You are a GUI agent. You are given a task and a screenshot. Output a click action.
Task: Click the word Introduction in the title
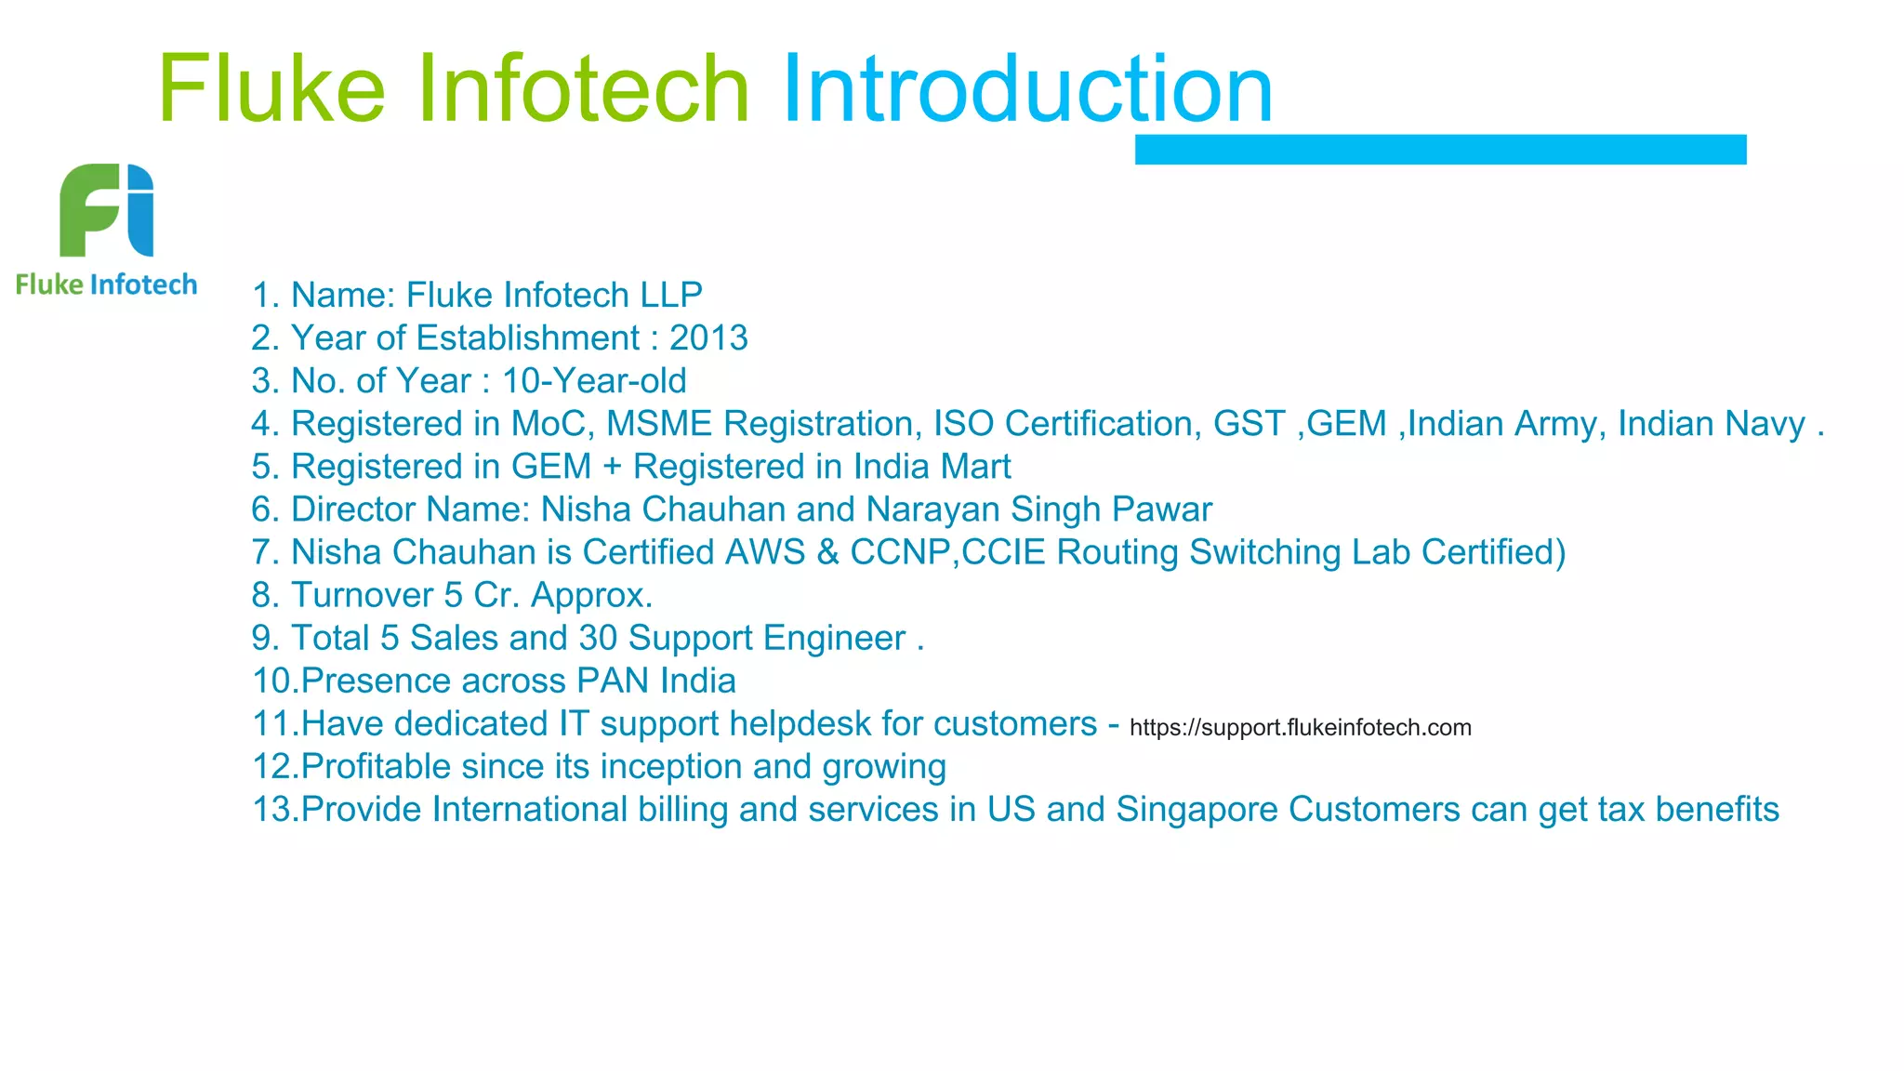click(1027, 89)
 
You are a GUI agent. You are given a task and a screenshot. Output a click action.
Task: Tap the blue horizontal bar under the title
click(1440, 150)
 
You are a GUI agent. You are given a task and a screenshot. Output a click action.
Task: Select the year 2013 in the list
click(708, 338)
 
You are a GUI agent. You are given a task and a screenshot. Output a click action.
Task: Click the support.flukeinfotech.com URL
click(1300, 727)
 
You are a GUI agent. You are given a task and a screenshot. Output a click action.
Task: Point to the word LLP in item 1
click(670, 296)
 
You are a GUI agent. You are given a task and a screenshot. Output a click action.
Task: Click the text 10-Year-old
click(594, 381)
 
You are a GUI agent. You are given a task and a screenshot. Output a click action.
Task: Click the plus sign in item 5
click(612, 467)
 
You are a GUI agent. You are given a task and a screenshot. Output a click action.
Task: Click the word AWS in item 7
click(764, 552)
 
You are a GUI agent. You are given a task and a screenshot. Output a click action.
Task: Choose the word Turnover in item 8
click(362, 595)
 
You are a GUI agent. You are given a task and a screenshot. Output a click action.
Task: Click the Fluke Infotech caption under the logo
click(107, 284)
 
